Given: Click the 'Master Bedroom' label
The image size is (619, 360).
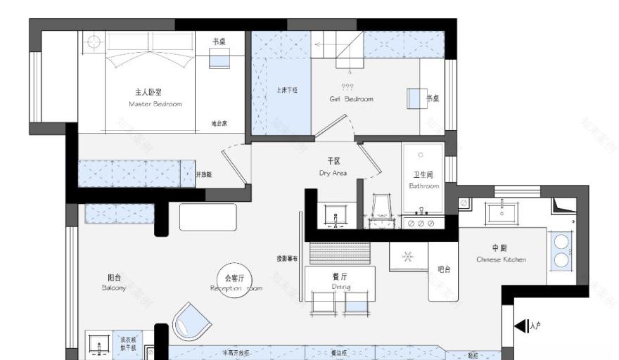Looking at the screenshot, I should (x=155, y=104).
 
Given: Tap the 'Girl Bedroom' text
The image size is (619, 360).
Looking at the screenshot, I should (x=351, y=99).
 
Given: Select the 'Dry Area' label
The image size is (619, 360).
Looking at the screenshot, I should (x=333, y=172).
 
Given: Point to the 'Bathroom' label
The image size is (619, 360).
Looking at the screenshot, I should (x=424, y=186).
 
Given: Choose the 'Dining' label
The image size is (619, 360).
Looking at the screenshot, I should (x=340, y=286).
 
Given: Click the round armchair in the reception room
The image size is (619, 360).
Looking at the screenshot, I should (x=191, y=321).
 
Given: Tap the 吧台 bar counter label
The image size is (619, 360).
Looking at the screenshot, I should (x=443, y=269).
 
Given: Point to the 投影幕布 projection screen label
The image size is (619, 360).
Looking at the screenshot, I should (x=287, y=258).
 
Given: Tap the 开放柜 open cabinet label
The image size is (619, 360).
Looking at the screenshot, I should (x=203, y=174).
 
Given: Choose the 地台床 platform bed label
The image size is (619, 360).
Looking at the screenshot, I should (x=219, y=123).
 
